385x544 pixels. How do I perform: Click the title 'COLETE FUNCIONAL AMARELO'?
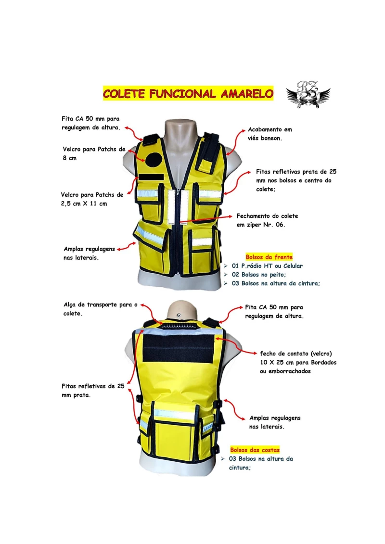click(x=188, y=94)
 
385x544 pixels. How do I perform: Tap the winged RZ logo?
click(x=308, y=94)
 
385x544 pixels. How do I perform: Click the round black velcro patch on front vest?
click(x=153, y=160)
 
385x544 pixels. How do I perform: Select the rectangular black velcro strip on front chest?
click(x=151, y=177)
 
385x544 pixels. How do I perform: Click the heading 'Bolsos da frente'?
click(x=269, y=257)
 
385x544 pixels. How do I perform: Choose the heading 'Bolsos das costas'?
click(x=255, y=450)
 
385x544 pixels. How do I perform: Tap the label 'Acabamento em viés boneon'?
click(x=270, y=134)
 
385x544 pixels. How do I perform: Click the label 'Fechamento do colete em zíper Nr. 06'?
click(x=267, y=220)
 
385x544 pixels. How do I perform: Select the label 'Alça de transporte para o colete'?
click(x=100, y=309)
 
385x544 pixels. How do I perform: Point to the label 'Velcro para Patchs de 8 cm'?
click(x=94, y=154)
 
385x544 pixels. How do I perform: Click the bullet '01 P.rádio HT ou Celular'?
click(x=267, y=266)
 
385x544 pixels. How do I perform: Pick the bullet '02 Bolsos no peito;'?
click(x=258, y=275)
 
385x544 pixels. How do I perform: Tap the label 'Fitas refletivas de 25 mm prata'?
click(x=93, y=391)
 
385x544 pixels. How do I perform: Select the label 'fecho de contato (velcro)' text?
click(x=296, y=354)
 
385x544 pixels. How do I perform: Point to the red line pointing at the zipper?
click(x=205, y=218)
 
